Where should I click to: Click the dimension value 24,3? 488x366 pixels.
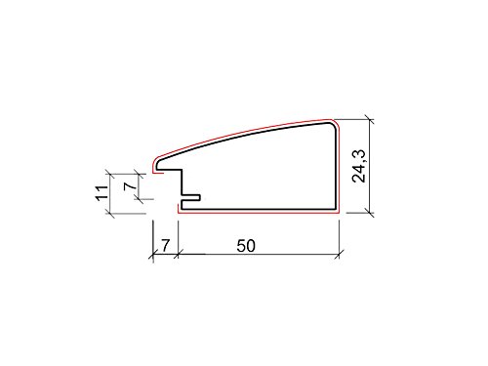[x=359, y=166]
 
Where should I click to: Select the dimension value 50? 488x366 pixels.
[x=246, y=246]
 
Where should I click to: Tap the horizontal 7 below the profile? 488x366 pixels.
[x=166, y=246]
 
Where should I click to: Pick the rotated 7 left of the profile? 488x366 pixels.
[x=131, y=185]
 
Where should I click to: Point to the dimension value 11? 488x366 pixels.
[x=102, y=193]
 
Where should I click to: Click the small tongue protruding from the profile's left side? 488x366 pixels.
[x=190, y=197]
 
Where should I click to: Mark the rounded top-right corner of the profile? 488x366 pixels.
[x=333, y=125]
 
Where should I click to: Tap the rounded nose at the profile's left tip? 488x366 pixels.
[x=156, y=165]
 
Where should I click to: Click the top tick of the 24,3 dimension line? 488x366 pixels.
[x=370, y=119]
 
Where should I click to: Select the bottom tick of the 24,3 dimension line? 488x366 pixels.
[x=370, y=213]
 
